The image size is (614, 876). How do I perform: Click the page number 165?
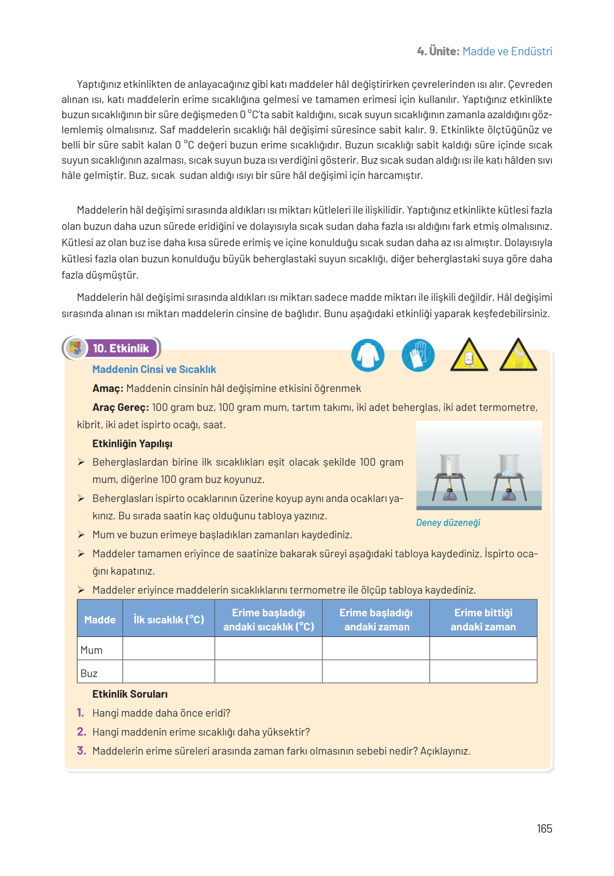click(x=544, y=828)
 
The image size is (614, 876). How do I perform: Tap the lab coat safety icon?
click(x=368, y=356)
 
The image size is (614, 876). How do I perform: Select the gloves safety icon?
click(x=418, y=356)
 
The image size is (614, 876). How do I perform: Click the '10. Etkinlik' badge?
click(x=120, y=349)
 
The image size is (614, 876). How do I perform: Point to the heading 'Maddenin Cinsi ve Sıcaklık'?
click(x=154, y=369)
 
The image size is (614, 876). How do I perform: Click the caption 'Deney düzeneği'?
click(x=448, y=523)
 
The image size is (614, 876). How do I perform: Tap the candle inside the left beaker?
click(x=449, y=466)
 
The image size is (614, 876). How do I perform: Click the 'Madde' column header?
click(x=100, y=619)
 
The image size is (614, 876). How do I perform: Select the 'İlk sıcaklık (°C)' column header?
click(x=168, y=619)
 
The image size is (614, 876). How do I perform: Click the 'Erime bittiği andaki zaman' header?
click(x=483, y=619)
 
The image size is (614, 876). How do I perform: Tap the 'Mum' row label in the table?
click(x=92, y=650)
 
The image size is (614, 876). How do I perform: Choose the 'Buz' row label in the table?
click(x=89, y=673)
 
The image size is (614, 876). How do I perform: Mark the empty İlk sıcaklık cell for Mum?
click(x=168, y=649)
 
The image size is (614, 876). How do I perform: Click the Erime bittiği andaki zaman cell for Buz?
click(x=483, y=672)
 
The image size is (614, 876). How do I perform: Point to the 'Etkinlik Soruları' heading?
click(x=130, y=694)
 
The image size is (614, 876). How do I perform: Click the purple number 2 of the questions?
click(x=81, y=732)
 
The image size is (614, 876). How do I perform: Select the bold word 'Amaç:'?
click(x=108, y=388)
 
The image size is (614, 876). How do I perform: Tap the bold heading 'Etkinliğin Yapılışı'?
click(x=132, y=443)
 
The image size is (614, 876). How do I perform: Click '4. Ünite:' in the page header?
click(x=438, y=51)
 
